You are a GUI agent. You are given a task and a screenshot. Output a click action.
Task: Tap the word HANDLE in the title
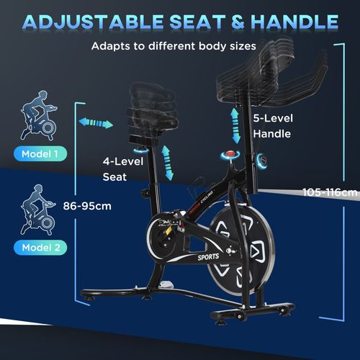[294, 22]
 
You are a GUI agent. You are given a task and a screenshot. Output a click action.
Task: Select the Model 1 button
[40, 153]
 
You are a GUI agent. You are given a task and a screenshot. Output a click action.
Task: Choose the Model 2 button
[40, 248]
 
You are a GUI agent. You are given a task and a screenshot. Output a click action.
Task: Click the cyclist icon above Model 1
[39, 115]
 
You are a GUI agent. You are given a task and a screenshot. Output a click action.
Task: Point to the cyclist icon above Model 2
[38, 210]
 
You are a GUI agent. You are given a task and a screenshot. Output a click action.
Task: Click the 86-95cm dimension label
[87, 206]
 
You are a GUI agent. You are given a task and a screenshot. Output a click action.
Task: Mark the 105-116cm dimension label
[330, 192]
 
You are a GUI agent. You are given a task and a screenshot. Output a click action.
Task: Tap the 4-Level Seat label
[123, 169]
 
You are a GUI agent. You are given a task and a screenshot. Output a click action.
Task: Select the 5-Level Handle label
[273, 126]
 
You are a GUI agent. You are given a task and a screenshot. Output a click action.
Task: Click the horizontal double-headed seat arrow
[96, 123]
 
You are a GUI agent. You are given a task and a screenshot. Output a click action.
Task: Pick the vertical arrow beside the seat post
[167, 163]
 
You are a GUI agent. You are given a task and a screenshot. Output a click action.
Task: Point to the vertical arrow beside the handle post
[235, 125]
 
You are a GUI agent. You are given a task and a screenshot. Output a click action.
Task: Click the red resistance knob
[230, 153]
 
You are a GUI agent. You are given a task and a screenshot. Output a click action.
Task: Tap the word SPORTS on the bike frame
[208, 257]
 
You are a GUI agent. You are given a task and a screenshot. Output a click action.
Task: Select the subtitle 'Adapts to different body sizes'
[174, 46]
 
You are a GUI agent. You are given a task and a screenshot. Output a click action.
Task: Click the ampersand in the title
[238, 22]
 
